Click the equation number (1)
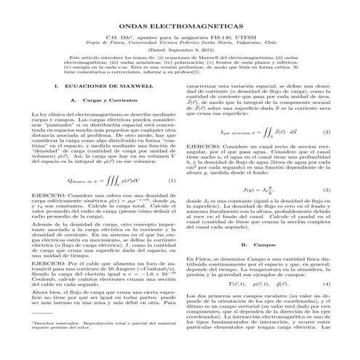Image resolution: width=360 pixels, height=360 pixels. [x=172, y=201]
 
